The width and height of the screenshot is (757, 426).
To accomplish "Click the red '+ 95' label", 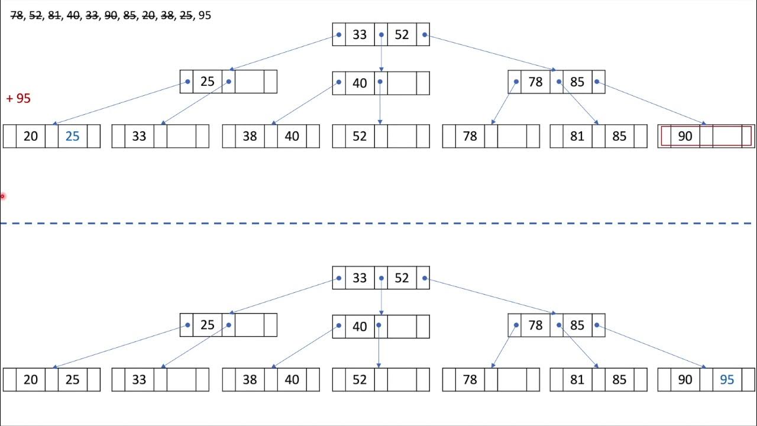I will click(18, 98).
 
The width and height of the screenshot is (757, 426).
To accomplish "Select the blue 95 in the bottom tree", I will click(727, 380).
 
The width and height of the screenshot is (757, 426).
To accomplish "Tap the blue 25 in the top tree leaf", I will click(72, 136).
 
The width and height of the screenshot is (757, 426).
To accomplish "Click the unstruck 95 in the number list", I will click(205, 15).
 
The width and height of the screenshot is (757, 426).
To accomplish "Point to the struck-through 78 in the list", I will click(17, 15).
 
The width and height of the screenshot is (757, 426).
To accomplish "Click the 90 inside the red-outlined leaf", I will click(685, 136).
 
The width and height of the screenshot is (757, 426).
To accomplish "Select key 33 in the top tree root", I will click(360, 35).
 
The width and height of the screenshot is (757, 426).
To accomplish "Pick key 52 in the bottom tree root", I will click(402, 278).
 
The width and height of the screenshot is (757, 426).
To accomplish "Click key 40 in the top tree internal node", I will click(360, 83).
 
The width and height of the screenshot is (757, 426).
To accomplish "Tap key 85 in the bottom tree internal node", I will click(577, 325).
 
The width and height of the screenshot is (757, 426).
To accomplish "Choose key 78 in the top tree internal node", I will click(535, 82).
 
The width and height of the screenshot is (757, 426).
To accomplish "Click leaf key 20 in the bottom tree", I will click(31, 380).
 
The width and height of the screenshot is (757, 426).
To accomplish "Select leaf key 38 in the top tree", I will click(250, 136).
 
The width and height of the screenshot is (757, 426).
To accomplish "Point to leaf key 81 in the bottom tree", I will click(577, 380).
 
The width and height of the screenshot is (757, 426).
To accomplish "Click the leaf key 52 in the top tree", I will click(360, 136).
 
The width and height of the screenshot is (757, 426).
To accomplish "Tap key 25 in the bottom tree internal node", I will click(207, 325).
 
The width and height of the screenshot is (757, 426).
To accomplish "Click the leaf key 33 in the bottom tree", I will click(139, 380).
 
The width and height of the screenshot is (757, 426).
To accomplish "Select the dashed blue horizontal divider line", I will click(378, 224).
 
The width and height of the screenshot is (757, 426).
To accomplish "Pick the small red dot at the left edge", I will click(2, 196).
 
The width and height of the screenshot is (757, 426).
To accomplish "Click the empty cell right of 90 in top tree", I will click(727, 136).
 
